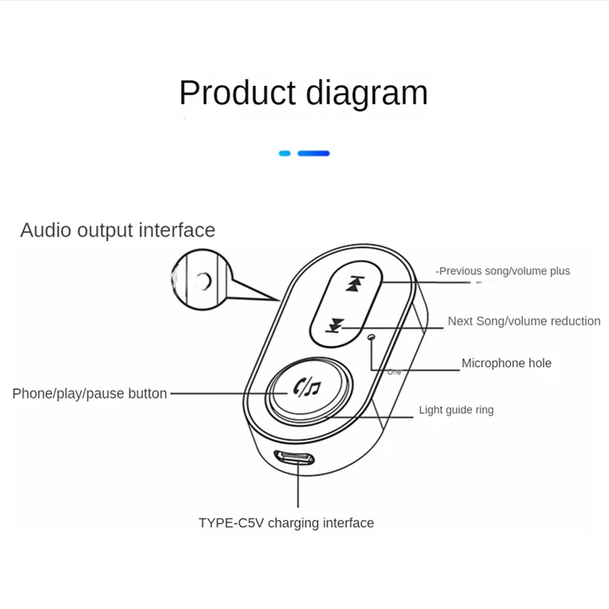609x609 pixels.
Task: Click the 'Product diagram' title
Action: [303, 93]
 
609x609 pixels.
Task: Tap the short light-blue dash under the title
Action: [285, 153]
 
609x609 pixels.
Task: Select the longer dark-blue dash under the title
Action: [314, 153]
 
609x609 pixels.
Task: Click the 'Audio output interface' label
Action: [117, 230]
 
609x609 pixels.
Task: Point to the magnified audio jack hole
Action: [202, 282]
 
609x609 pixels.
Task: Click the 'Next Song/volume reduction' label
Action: [524, 321]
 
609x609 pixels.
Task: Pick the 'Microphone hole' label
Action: [506, 363]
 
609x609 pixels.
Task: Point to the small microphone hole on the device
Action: [371, 336]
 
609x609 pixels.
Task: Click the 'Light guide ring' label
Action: [456, 410]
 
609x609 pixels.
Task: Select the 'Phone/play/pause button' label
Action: [90, 394]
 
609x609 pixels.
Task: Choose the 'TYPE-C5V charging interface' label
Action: [286, 523]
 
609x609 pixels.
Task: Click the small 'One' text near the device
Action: [394, 372]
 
